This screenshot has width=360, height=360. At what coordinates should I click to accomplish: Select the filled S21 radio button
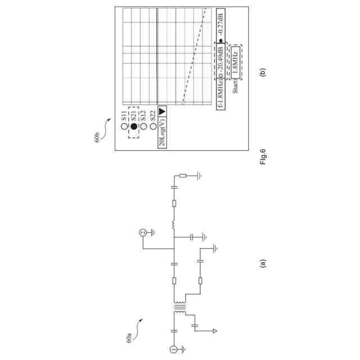(134, 127)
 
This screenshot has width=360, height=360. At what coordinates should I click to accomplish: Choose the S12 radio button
(143, 127)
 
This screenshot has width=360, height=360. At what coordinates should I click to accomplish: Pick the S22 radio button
(153, 127)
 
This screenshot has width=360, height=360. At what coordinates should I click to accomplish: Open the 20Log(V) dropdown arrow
(162, 111)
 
